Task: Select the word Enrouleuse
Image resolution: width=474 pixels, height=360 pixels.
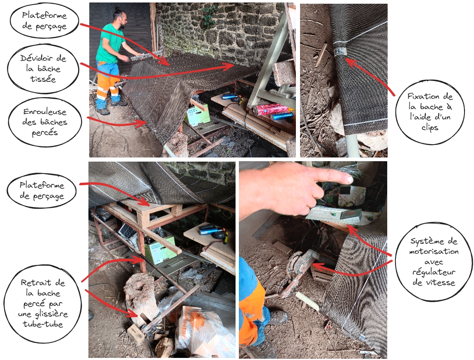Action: pos(45,112)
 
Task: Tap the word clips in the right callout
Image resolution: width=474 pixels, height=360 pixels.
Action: pos(430,128)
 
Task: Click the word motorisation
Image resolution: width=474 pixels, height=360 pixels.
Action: pos(434,251)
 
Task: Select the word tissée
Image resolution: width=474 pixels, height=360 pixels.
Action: pos(43,79)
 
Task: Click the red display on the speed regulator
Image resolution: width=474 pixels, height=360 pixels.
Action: pos(351,214)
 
